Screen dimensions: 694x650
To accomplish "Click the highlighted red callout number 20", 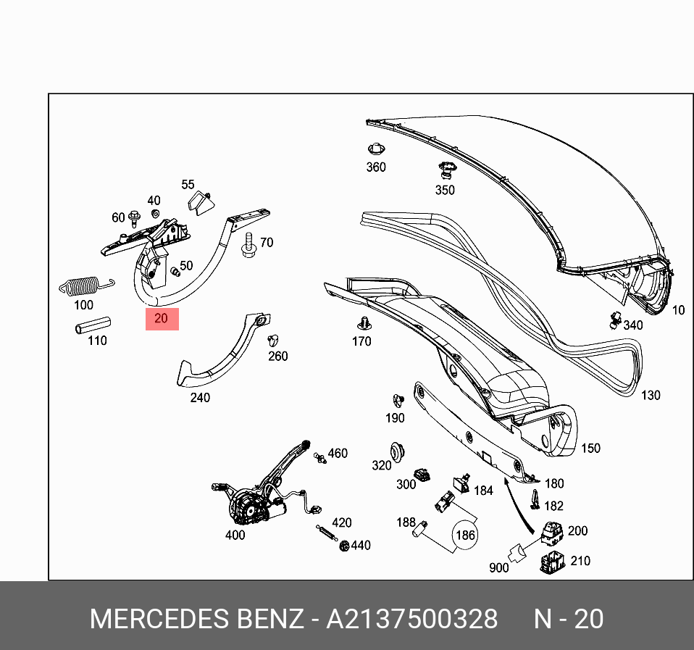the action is (x=162, y=319).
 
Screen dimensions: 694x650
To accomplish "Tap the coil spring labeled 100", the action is (x=84, y=286).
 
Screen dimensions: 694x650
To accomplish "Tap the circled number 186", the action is (x=464, y=536).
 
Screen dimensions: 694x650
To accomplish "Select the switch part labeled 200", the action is (x=553, y=534).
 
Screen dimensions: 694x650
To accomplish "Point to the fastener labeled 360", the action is (x=375, y=150).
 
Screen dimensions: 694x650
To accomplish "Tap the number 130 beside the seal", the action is (x=651, y=396).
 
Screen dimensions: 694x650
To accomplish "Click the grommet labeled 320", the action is (x=396, y=449).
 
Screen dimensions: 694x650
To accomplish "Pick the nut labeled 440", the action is (x=344, y=546).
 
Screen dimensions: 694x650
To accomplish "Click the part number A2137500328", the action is (x=411, y=620).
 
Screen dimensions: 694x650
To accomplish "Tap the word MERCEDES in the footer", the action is (x=157, y=620).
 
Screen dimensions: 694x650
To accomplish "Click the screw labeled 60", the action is (x=135, y=217).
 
